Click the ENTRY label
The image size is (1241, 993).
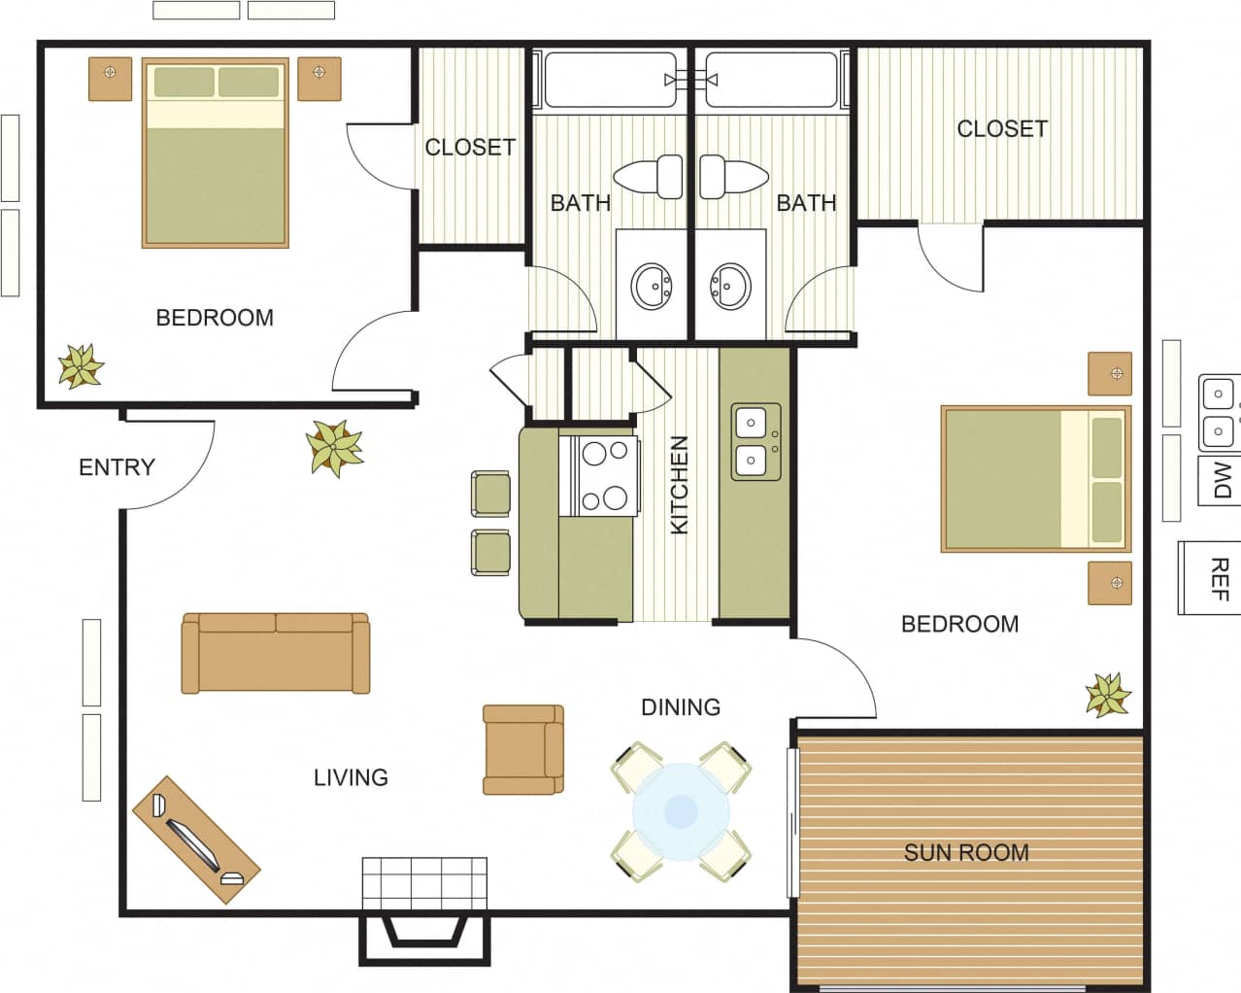[x=117, y=467]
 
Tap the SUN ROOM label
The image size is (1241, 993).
[x=965, y=853]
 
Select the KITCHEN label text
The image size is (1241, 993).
[x=679, y=485]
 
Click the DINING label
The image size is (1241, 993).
[x=680, y=707]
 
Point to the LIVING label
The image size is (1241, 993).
[x=351, y=777]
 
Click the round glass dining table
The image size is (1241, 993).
[x=681, y=811]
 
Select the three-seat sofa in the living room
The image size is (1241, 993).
[x=276, y=653]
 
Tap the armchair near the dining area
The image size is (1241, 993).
[x=523, y=749]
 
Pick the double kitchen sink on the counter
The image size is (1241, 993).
[x=755, y=442]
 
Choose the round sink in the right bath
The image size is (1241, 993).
[x=730, y=287]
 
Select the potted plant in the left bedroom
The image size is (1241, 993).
[x=80, y=366]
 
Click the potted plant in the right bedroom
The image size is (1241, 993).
[x=1108, y=695]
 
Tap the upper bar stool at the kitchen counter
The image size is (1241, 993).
[x=491, y=493]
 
